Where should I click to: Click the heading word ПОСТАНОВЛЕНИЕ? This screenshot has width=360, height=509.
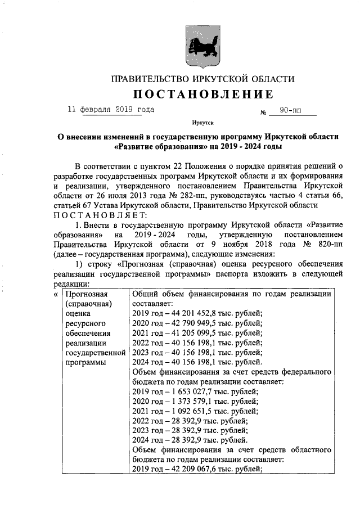click(203, 93)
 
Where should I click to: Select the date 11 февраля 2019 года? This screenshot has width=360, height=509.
click(110, 110)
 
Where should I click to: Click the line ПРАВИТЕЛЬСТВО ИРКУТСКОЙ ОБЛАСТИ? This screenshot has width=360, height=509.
click(202, 79)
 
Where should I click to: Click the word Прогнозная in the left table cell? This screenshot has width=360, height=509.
click(86, 294)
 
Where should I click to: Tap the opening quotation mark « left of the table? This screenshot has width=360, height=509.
click(56, 294)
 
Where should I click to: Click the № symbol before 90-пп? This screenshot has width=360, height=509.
click(263, 112)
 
